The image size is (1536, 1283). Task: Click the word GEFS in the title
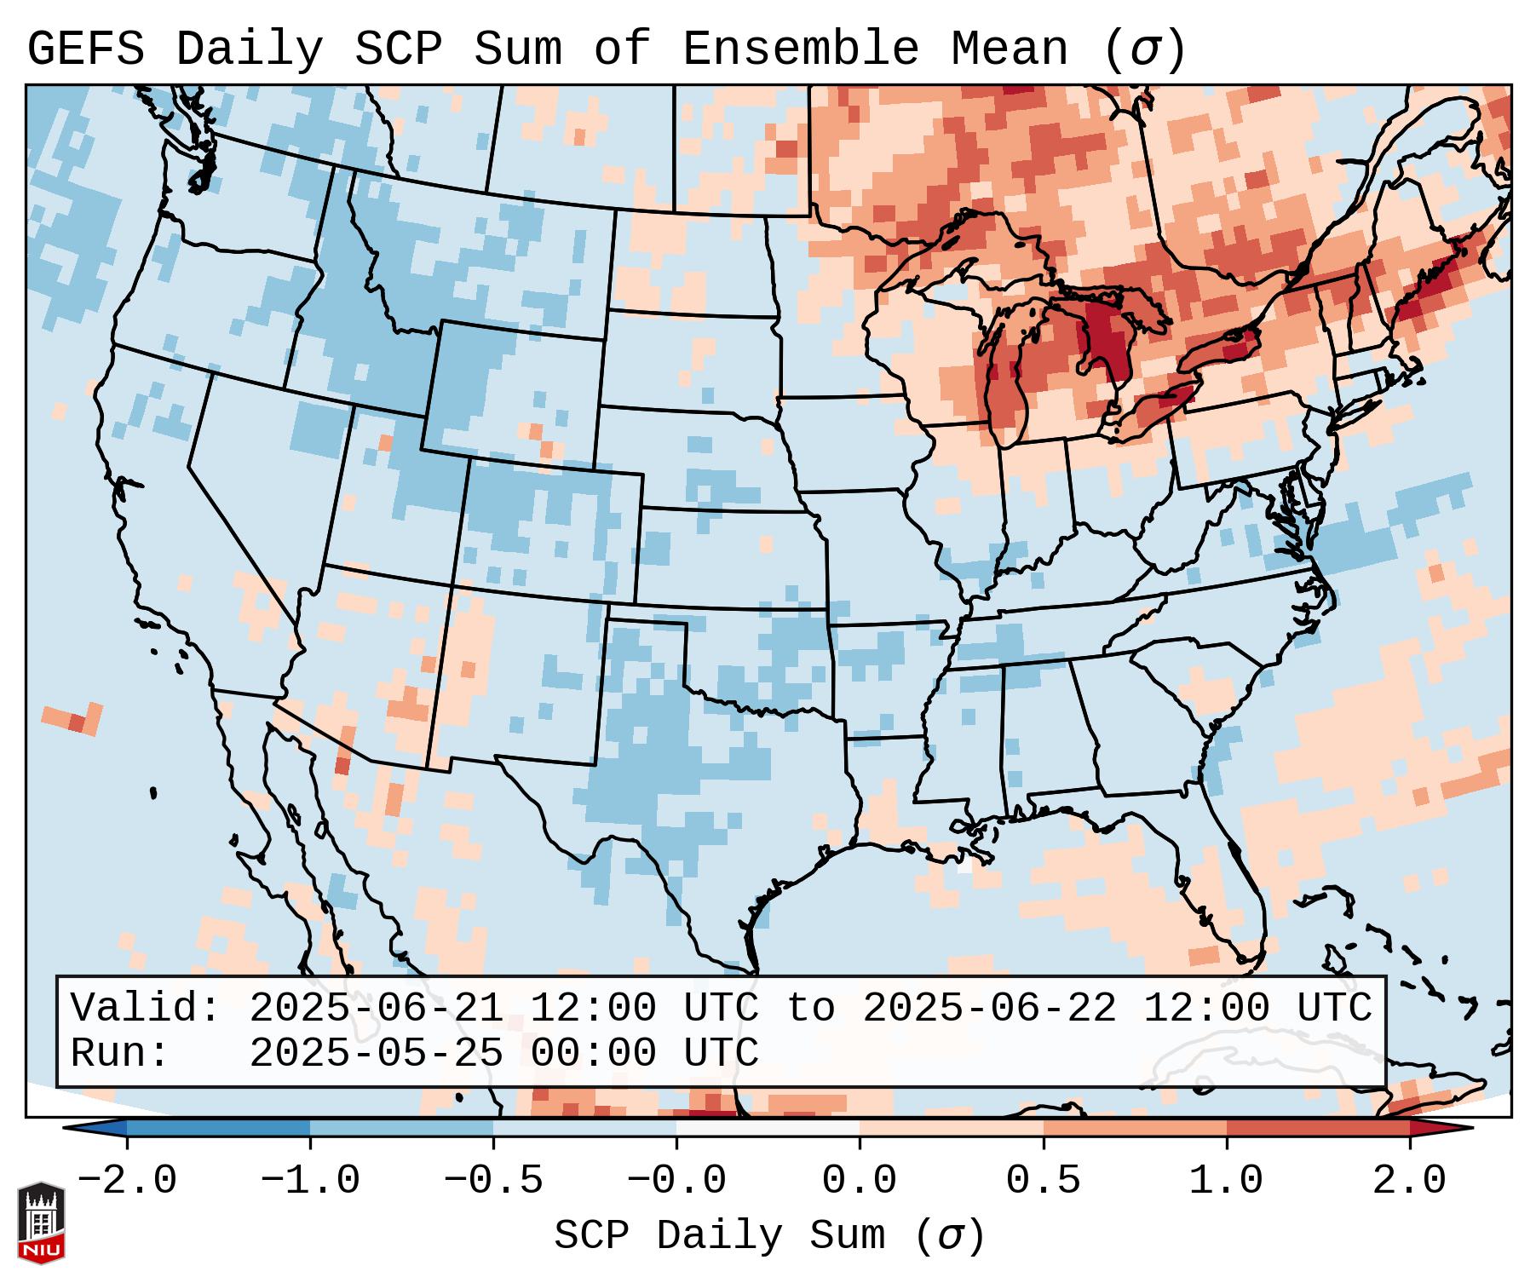pyautogui.click(x=86, y=49)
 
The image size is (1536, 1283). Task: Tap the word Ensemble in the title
pyautogui.click(x=801, y=49)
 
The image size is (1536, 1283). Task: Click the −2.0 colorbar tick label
pyautogui.click(x=127, y=1181)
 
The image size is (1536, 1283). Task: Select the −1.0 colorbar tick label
pyautogui.click(x=310, y=1181)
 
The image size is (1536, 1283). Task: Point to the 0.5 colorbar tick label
pyautogui.click(x=1044, y=1181)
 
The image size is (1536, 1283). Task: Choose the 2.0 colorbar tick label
pyautogui.click(x=1410, y=1181)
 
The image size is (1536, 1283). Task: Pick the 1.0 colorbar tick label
pyautogui.click(x=1227, y=1181)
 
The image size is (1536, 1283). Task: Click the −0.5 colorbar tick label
pyautogui.click(x=493, y=1181)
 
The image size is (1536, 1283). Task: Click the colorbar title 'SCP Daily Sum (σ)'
pyautogui.click(x=769, y=1236)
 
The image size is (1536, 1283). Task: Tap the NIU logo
pyautogui.click(x=41, y=1223)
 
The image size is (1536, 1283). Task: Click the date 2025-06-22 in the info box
pyautogui.click(x=989, y=1009)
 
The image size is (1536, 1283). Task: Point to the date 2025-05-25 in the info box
pyautogui.click(x=376, y=1054)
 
